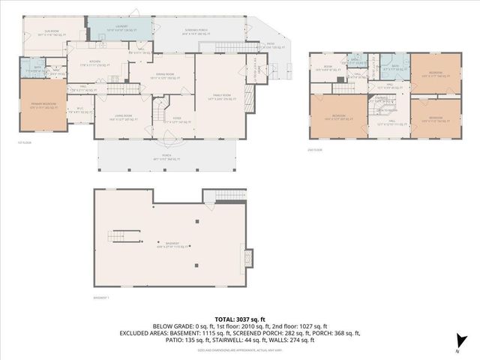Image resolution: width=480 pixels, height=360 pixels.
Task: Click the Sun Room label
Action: point(48,31)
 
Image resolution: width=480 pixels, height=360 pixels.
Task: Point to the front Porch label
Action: point(166,157)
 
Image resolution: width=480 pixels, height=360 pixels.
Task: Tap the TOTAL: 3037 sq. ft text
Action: point(239,318)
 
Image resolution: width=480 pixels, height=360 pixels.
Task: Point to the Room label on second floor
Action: point(328,68)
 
